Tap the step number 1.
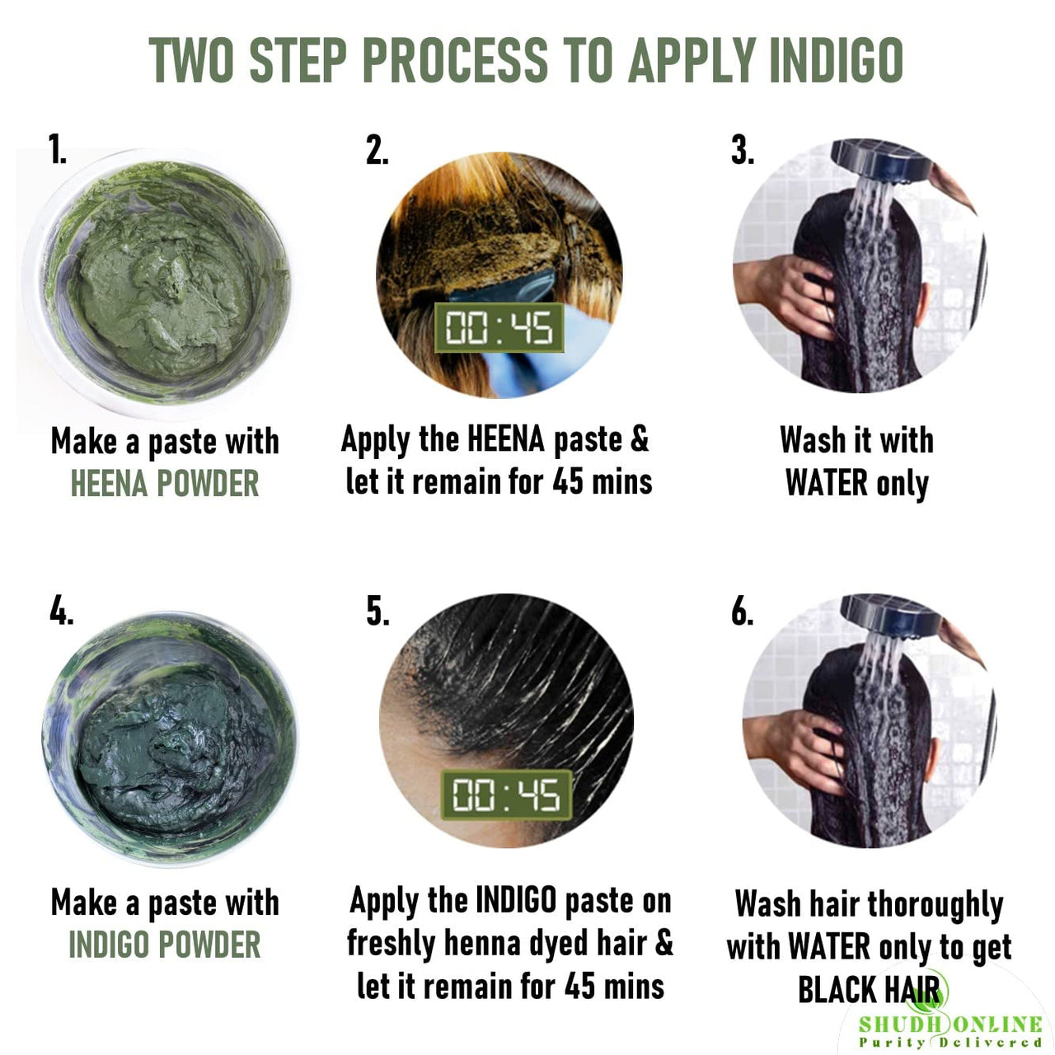tap(57, 151)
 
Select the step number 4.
tap(61, 612)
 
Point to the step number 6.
tap(742, 612)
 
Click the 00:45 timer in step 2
tap(499, 328)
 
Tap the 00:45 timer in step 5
tap(506, 795)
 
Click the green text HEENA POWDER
tap(164, 484)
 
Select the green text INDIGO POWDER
tap(164, 945)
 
